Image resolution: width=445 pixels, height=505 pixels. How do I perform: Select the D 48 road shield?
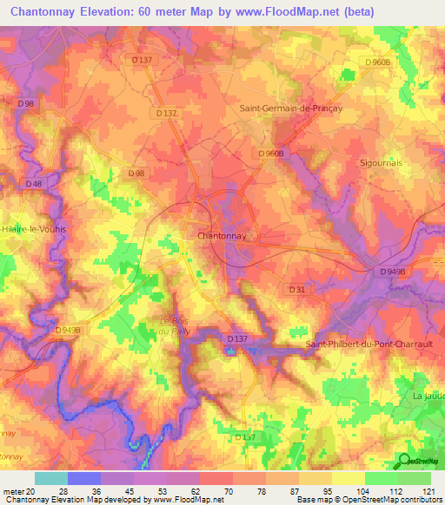point(34,184)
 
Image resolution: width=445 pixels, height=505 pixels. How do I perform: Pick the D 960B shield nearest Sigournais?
point(378,62)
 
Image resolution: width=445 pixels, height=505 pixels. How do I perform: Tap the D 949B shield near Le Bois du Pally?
point(67,330)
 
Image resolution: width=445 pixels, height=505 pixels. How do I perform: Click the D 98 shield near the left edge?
point(25,103)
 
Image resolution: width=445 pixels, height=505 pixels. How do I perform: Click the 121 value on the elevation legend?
point(429,491)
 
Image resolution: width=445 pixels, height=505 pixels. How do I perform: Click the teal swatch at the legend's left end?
point(50,478)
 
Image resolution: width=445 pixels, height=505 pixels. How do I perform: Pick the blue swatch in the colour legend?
point(83,478)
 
